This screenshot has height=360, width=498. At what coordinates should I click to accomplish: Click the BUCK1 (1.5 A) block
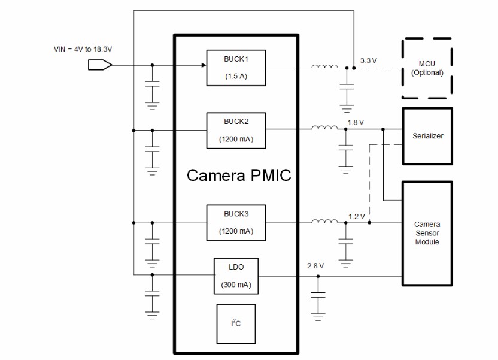(x=236, y=67)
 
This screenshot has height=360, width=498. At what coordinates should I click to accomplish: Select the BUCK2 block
(x=236, y=130)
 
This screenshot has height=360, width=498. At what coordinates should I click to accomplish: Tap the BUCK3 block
(x=236, y=222)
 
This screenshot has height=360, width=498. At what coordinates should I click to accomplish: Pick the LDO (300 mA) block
(x=236, y=276)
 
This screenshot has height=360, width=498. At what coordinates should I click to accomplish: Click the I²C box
(x=236, y=323)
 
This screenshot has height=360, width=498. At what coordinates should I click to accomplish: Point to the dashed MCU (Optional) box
(x=426, y=68)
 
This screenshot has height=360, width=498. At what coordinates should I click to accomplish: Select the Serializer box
(x=427, y=136)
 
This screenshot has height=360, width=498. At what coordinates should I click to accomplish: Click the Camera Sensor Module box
(x=427, y=233)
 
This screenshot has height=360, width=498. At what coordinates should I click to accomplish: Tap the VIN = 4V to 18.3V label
(x=83, y=49)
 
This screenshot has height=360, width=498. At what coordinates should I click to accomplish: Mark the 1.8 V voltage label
(x=356, y=122)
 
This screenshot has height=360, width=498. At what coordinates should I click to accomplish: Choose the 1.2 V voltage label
(x=357, y=216)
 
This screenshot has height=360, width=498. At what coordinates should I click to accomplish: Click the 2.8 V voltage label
(x=315, y=265)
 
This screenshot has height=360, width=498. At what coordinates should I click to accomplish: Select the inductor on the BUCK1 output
(x=324, y=67)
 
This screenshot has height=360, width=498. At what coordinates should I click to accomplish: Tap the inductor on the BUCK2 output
(x=324, y=129)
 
